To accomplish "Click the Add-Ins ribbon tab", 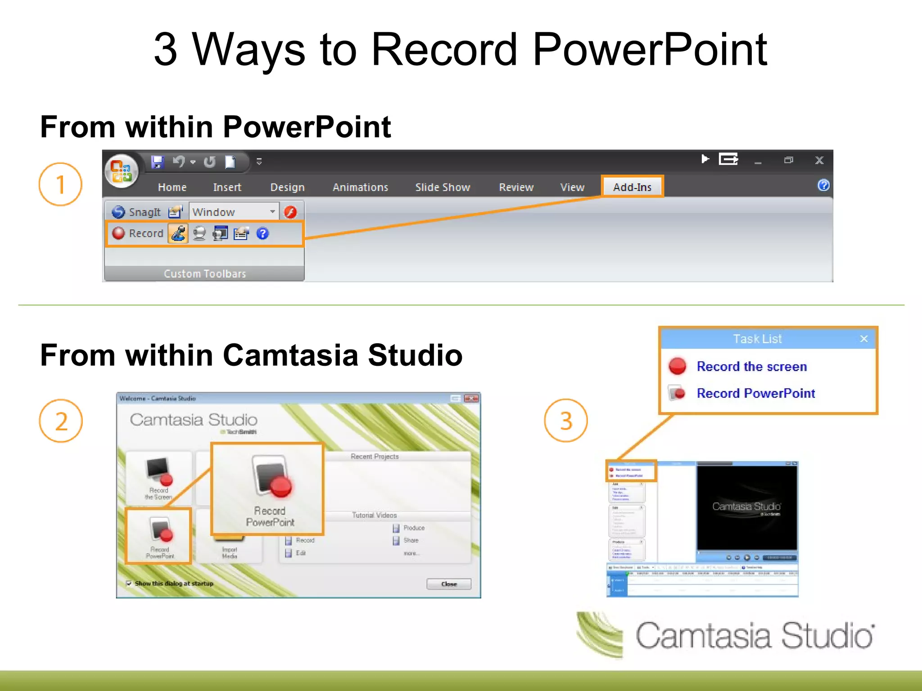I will pos(632,187).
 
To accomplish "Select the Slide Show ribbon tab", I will pos(443,187).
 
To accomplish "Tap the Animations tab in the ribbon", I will pos(360,187).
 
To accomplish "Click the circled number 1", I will pos(60,184).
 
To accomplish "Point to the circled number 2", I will pos(61,421).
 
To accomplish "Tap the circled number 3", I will pos(566,421).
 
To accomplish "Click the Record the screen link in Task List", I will pos(751,367).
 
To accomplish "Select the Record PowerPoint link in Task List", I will pos(755,393).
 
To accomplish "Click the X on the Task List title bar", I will pos(863,339).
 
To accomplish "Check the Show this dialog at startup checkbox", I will pos(129,583).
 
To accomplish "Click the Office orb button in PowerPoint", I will pos(121,171).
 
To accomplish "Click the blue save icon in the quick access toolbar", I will pos(157,162).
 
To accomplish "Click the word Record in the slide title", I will pos(443,49).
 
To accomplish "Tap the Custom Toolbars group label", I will pos(205,274).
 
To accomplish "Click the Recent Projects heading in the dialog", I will pos(375,457).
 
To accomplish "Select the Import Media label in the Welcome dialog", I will pos(230,553).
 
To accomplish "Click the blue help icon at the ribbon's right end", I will pos(823,185).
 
